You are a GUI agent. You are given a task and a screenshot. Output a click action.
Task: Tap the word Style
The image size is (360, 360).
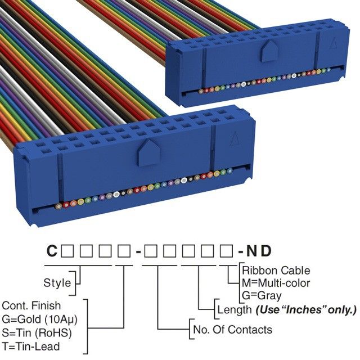point(57,282)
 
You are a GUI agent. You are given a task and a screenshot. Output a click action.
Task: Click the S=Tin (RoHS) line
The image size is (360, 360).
point(37,332)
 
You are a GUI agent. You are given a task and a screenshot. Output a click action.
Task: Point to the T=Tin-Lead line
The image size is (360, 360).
point(31,346)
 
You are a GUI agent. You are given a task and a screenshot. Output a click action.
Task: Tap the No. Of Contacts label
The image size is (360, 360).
point(232,330)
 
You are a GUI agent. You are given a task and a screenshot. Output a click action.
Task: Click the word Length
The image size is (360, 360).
point(234,309)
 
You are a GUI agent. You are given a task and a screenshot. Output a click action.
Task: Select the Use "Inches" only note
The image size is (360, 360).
point(306,309)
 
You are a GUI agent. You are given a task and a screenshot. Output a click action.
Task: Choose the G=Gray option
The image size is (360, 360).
point(262,295)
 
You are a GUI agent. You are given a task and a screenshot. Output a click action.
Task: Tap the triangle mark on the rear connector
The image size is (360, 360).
point(334,43)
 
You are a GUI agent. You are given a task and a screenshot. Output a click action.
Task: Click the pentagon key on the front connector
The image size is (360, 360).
point(148,151)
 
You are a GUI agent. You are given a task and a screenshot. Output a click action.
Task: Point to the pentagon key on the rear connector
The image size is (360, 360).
point(267,52)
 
